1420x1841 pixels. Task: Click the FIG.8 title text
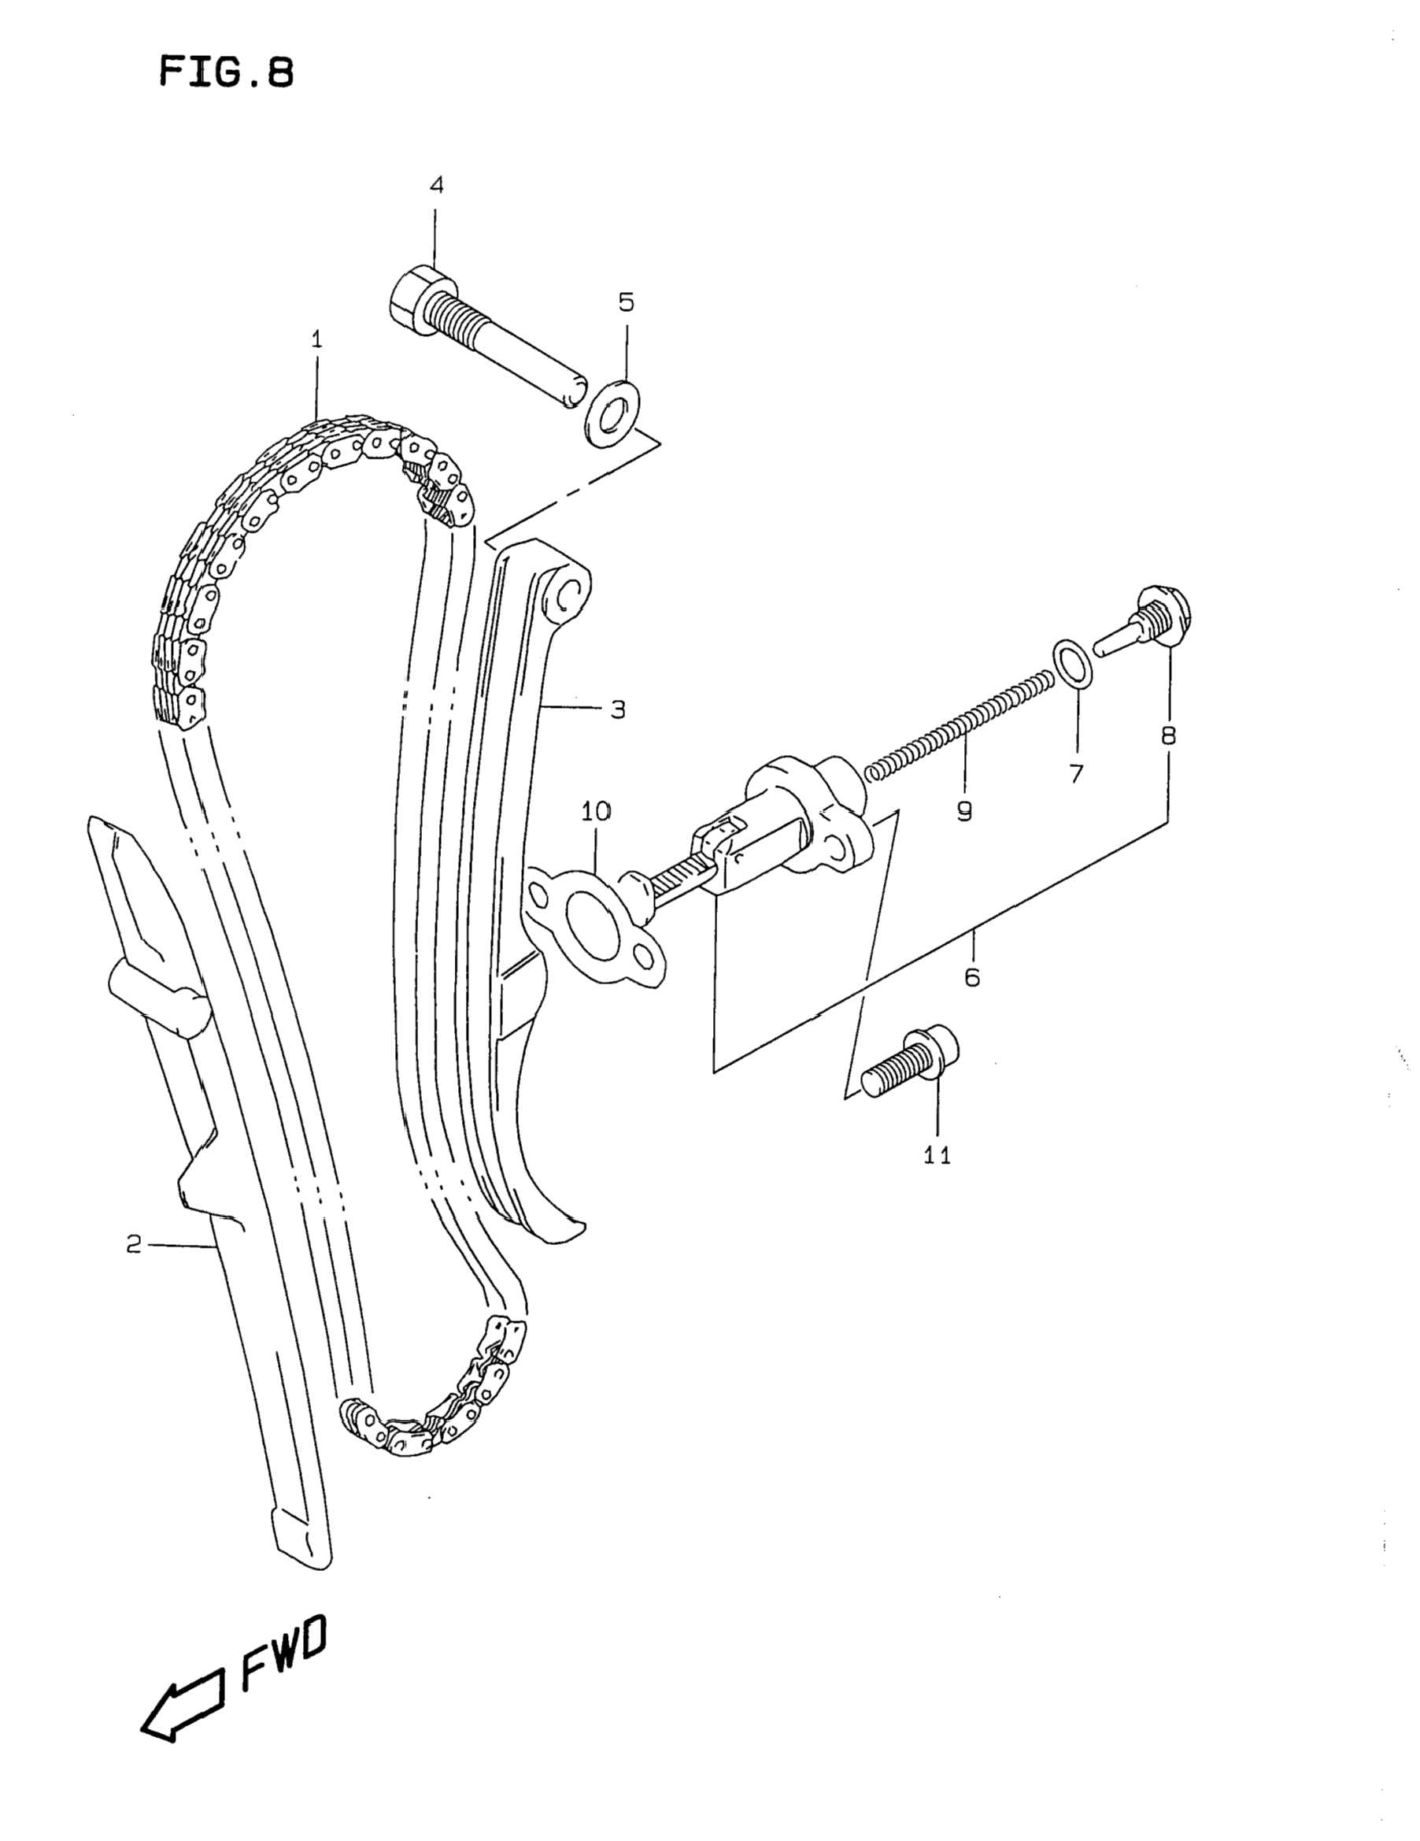pyautogui.click(x=226, y=72)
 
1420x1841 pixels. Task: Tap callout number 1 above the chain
pyautogui.click(x=317, y=339)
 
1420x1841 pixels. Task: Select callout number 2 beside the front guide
pyautogui.click(x=134, y=1244)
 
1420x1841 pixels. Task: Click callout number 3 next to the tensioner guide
pyautogui.click(x=618, y=709)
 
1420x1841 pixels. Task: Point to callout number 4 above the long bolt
pyautogui.click(x=436, y=184)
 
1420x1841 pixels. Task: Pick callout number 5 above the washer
pyautogui.click(x=625, y=302)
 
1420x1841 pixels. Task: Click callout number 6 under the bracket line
pyautogui.click(x=971, y=978)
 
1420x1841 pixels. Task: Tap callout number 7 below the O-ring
pyautogui.click(x=1076, y=774)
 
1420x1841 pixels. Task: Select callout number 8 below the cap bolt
pyautogui.click(x=1168, y=736)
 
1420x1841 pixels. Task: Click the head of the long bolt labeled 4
pyautogui.click(x=416, y=297)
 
